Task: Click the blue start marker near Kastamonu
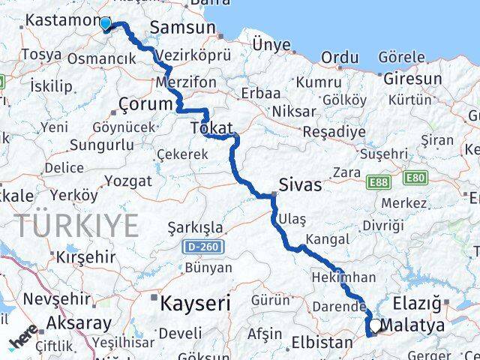tap(105, 24)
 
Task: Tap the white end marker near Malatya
tap(374, 325)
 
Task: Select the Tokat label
tap(212, 128)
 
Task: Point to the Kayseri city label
tap(194, 303)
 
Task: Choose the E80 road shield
tap(414, 178)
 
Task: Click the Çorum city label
tap(146, 104)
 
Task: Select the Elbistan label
tap(321, 343)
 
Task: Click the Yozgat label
tap(127, 181)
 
